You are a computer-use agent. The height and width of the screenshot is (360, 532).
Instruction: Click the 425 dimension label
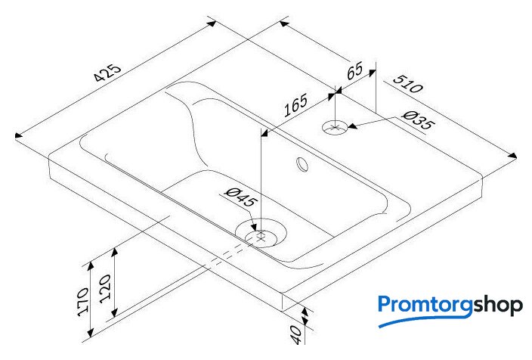click(x=108, y=73)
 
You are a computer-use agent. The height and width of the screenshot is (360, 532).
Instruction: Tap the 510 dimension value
click(x=408, y=84)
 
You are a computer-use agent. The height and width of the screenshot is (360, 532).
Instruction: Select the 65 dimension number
click(x=354, y=70)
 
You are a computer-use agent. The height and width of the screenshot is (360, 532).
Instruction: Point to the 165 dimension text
click(x=295, y=105)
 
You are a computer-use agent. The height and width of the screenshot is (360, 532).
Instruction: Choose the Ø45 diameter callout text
click(x=241, y=197)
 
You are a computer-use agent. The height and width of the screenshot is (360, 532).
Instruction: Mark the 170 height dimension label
click(x=83, y=302)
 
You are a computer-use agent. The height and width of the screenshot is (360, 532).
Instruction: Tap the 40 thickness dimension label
click(x=296, y=334)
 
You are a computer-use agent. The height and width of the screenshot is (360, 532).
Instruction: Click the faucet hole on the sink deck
click(x=335, y=128)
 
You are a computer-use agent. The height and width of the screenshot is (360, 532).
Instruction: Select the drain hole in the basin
click(x=261, y=233)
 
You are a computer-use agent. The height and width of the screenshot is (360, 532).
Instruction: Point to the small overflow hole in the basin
click(x=302, y=165)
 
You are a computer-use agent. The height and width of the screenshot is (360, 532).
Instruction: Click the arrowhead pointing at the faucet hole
click(x=353, y=126)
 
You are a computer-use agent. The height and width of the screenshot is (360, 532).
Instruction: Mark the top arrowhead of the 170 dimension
click(x=90, y=265)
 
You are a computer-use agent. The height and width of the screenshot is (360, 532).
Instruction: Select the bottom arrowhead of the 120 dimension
click(x=115, y=312)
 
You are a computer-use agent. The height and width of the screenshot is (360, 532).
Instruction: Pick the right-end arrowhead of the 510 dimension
click(x=512, y=156)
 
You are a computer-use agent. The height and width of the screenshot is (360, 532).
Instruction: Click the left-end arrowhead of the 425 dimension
click(x=19, y=135)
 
